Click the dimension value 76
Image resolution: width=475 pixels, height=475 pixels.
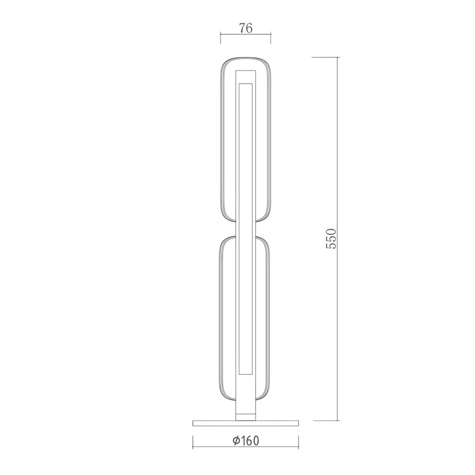point(246,28)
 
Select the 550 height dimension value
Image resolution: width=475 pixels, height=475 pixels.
point(330,238)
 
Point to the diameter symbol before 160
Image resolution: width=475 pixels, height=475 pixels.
point(236,440)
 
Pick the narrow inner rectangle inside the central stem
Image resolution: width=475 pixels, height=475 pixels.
point(246,227)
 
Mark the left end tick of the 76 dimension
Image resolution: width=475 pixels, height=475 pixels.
point(221,37)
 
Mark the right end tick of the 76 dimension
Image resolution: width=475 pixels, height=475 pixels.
point(271,37)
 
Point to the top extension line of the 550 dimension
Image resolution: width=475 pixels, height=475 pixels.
point(325,57)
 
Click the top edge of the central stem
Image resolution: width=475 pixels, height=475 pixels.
point(246,71)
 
